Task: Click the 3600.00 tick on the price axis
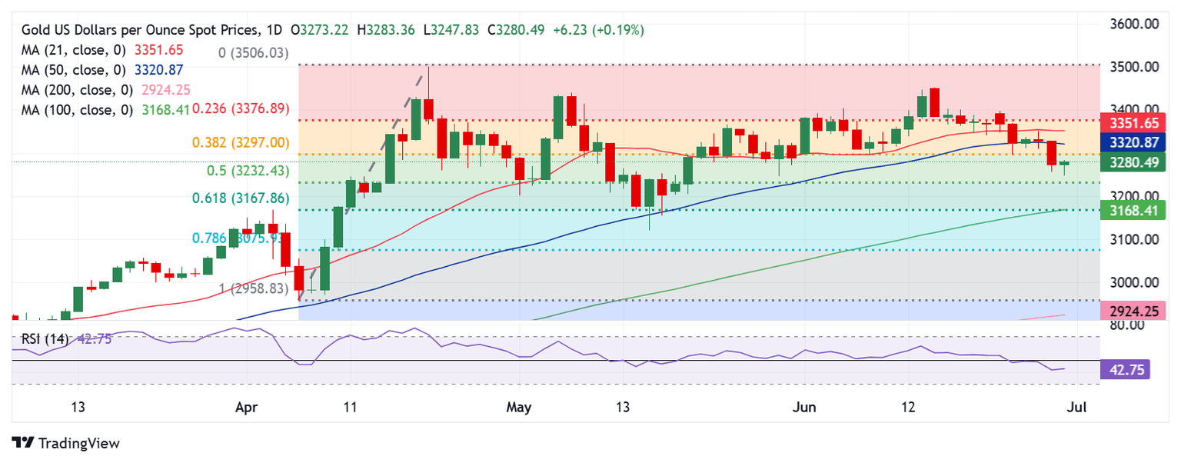point(1135,24)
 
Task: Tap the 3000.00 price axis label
point(1135,282)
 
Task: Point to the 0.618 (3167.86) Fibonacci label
point(241,198)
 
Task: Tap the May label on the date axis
point(520,405)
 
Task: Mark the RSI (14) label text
point(45,338)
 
